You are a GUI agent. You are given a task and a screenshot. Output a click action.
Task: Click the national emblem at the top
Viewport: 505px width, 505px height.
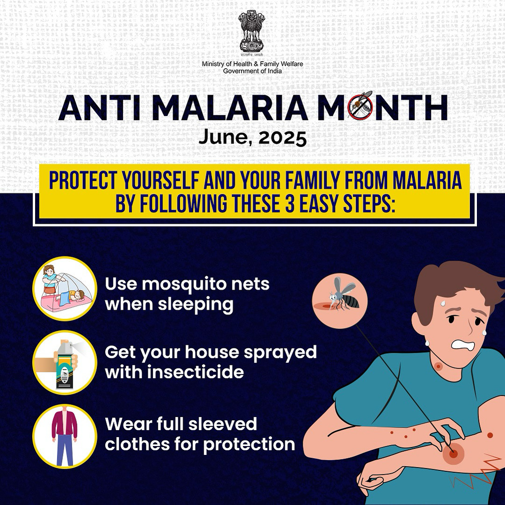coord(252,33)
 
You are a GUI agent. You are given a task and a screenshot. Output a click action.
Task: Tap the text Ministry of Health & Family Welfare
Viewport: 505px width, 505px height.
coord(252,64)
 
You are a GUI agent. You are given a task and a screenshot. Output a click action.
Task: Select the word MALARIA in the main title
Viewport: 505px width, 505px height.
coord(230,108)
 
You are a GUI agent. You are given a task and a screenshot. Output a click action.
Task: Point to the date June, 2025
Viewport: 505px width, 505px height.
coord(252,138)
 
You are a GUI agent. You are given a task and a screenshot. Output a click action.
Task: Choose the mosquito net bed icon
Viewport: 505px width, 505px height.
coord(65,289)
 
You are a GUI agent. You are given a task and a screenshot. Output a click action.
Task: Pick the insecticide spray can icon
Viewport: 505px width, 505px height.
coord(65,362)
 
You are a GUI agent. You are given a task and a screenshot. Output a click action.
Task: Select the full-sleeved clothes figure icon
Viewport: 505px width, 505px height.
coord(65,436)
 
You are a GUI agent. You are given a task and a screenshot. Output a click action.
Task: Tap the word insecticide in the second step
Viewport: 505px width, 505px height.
coord(196,372)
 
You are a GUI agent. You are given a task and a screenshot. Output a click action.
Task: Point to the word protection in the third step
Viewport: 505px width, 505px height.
coord(249,445)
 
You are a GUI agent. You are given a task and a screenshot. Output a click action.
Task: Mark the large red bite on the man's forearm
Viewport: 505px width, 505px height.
coord(453,454)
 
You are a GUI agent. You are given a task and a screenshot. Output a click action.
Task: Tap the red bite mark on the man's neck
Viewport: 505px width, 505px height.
coord(438,366)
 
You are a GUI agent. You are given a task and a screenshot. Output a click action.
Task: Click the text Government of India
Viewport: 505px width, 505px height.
coord(252,71)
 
